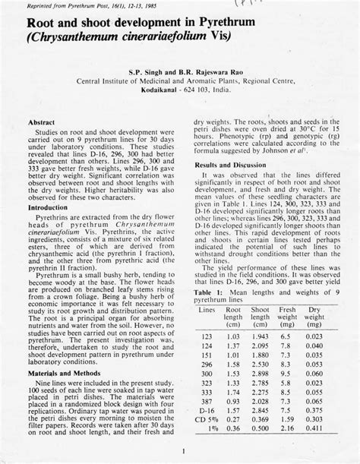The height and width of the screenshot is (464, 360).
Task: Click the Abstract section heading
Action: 44,122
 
